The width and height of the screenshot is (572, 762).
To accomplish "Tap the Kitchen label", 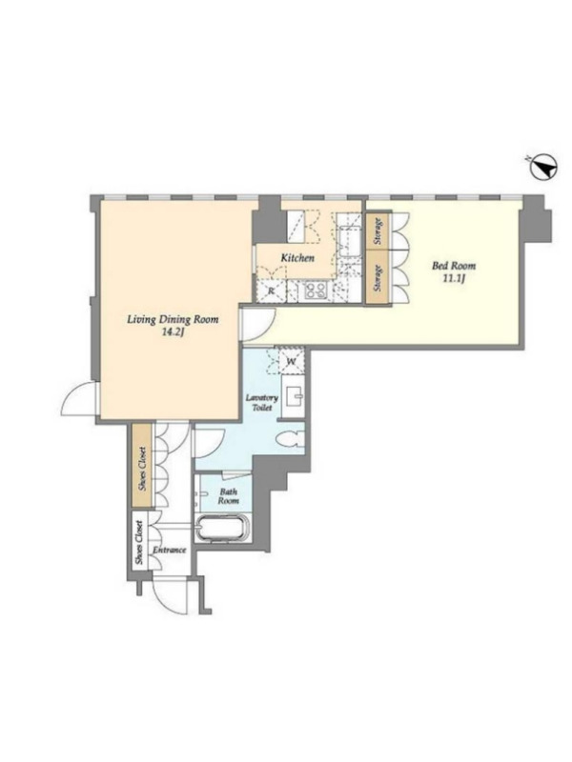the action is [x=297, y=258].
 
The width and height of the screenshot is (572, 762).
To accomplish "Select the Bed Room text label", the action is [x=454, y=266].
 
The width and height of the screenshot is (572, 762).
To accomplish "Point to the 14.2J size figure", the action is [x=173, y=334].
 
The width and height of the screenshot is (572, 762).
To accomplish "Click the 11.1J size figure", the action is [x=454, y=279].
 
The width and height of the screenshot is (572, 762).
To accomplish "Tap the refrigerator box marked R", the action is [x=271, y=291].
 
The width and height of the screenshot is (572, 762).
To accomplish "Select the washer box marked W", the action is [x=292, y=361].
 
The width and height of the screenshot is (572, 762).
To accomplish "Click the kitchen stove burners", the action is [x=315, y=291].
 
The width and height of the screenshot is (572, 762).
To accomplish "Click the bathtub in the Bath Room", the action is [x=222, y=528].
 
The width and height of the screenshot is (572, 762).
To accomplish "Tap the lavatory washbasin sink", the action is [x=293, y=396].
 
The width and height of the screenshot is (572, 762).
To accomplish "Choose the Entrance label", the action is [x=170, y=551].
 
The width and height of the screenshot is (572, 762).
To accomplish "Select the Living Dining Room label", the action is [x=173, y=320].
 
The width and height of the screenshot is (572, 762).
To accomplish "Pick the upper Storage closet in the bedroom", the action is [x=378, y=231].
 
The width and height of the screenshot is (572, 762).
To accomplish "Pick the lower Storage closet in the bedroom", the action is [x=378, y=277].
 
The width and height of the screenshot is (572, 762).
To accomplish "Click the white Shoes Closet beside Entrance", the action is [x=140, y=543].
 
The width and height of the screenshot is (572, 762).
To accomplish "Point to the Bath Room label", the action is [x=228, y=496].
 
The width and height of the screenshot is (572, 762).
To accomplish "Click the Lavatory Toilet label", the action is [x=261, y=402].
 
